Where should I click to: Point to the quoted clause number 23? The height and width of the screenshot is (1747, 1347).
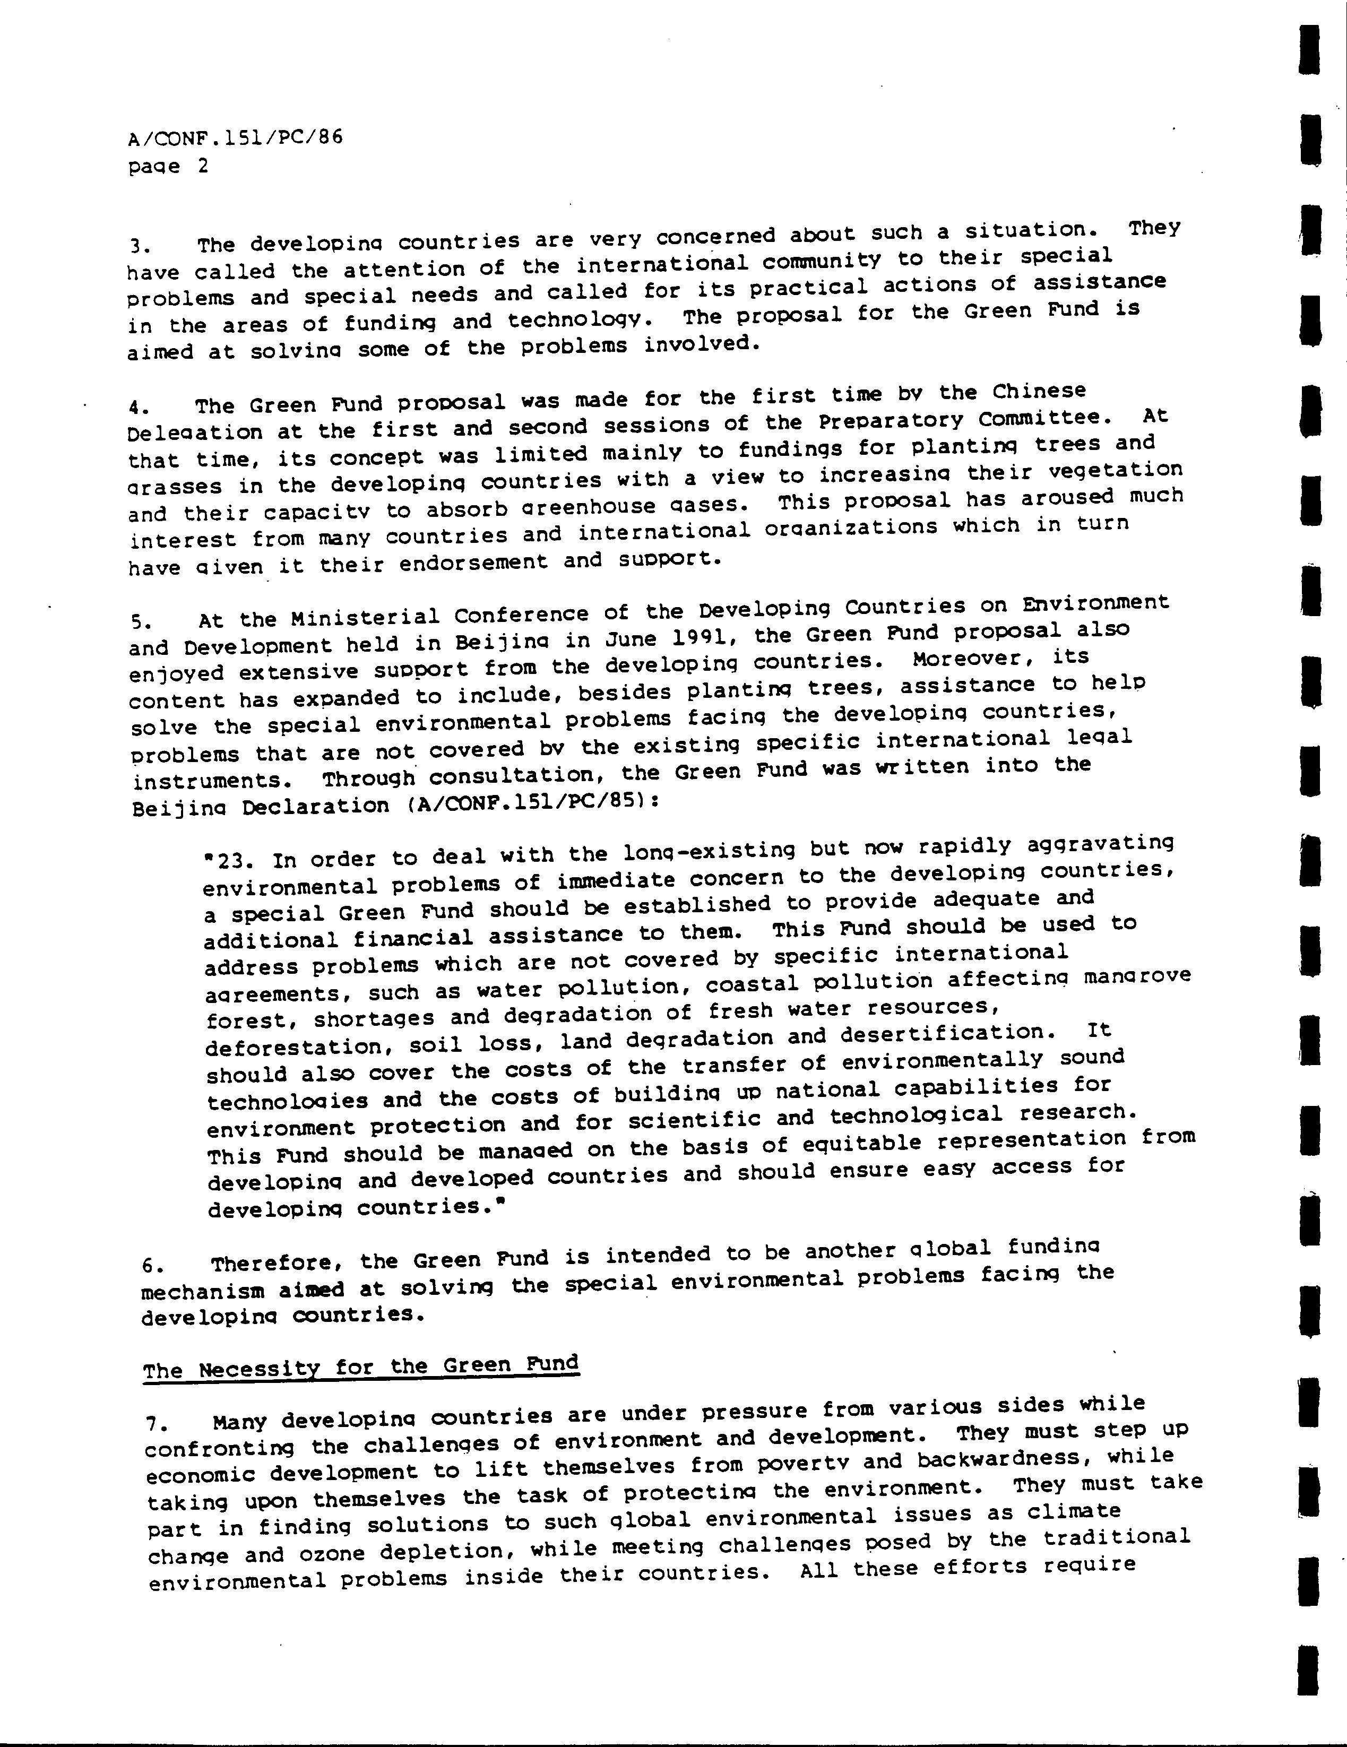[x=233, y=861]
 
